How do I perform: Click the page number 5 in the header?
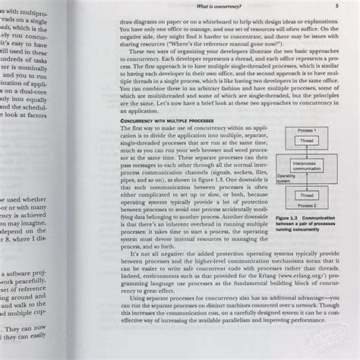[x=336, y=6]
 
